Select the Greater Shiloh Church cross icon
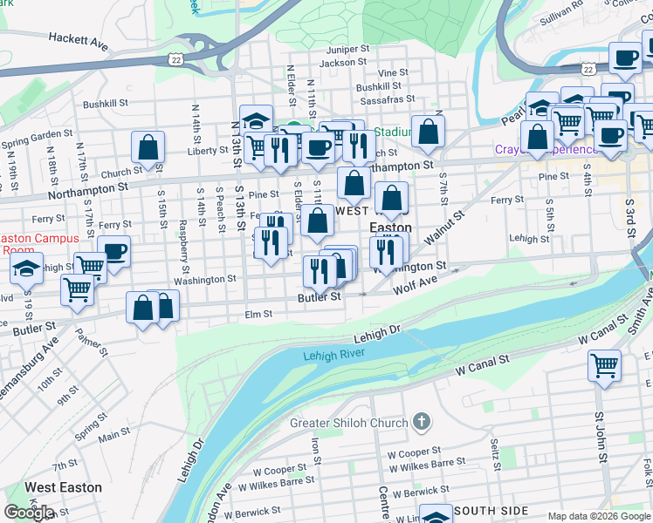(x=422, y=424)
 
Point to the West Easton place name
(x=63, y=487)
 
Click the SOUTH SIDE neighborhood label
(x=491, y=510)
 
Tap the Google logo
(x=29, y=513)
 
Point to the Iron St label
(x=316, y=452)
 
